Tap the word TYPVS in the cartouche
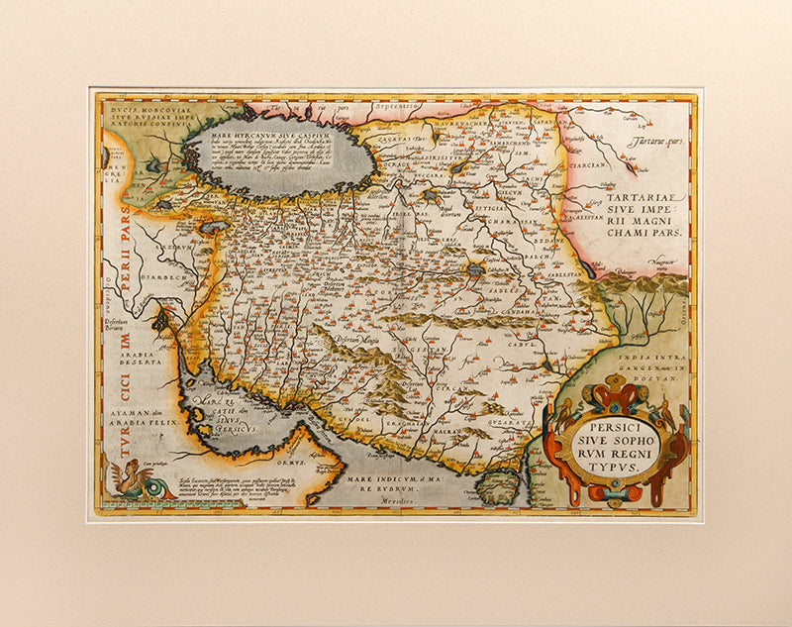pyautogui.click(x=614, y=462)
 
